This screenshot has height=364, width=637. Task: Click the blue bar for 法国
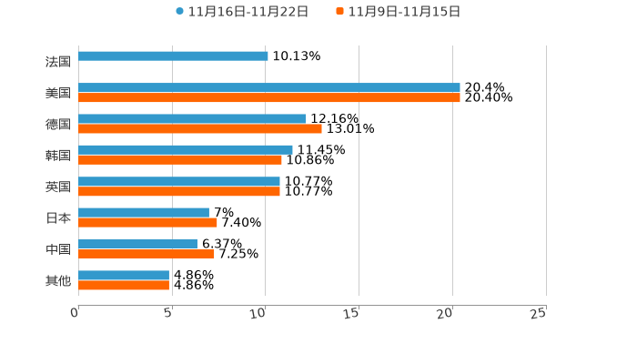click(173, 56)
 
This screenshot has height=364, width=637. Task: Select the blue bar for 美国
click(268, 88)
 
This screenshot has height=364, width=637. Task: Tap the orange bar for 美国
click(268, 98)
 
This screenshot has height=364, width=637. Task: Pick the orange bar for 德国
click(200, 129)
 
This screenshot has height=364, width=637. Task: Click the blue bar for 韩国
click(186, 150)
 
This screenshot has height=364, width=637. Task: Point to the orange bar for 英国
click(179, 192)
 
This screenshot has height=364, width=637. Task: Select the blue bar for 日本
click(144, 213)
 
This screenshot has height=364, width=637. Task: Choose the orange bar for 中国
click(147, 254)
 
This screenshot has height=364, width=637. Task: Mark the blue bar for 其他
click(124, 275)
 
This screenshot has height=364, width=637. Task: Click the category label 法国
click(58, 62)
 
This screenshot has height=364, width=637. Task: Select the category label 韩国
click(58, 156)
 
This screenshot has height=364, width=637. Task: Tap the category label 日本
click(58, 218)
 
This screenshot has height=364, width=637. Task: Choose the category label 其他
click(58, 281)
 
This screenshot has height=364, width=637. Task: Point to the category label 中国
click(58, 249)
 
